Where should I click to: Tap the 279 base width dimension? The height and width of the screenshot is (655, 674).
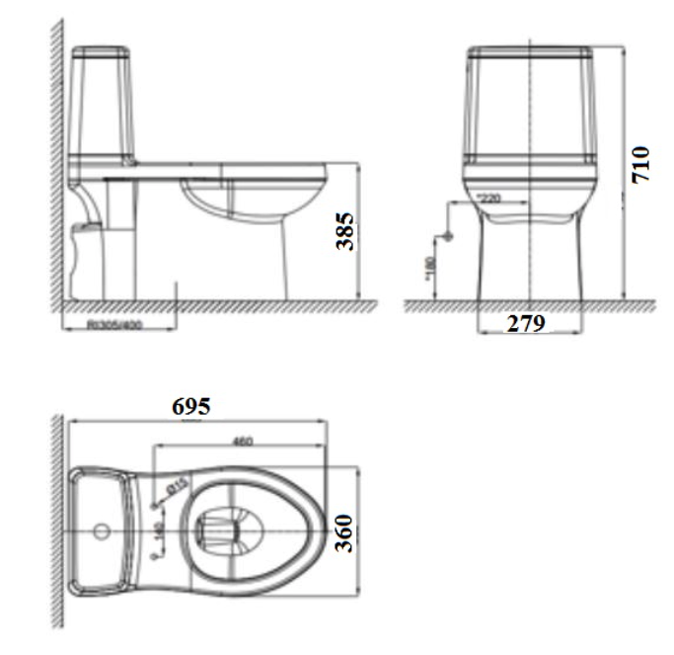526,323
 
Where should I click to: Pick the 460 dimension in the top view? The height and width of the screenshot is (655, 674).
241,441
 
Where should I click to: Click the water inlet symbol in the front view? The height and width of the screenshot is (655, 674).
447,237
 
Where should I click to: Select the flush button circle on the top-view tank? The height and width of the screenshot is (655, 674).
100,532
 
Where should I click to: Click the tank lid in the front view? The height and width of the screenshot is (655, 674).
530,52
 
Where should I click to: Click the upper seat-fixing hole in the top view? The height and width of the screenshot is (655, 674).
156,507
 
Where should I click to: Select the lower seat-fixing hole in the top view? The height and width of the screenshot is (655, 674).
156,556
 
